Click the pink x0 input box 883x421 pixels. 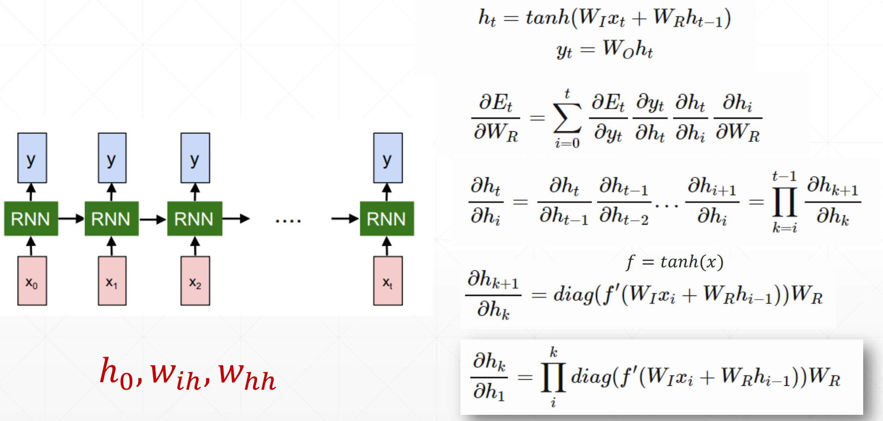[32, 281]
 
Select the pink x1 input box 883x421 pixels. [112, 281]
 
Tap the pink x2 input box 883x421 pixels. [195, 281]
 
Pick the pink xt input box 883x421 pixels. [388, 281]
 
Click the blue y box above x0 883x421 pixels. [32, 158]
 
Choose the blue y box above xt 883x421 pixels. [388, 158]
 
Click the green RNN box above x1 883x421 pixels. [111, 218]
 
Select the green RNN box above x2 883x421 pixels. [195, 218]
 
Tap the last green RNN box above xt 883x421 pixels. [387, 218]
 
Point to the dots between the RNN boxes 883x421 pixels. [288, 221]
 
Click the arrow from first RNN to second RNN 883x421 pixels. [71, 218]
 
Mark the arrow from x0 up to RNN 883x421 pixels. [31, 246]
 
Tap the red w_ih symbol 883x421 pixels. [175, 377]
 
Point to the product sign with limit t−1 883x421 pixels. [784, 202]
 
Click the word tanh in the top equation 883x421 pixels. [548, 18]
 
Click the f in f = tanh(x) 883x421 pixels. [630, 262]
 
